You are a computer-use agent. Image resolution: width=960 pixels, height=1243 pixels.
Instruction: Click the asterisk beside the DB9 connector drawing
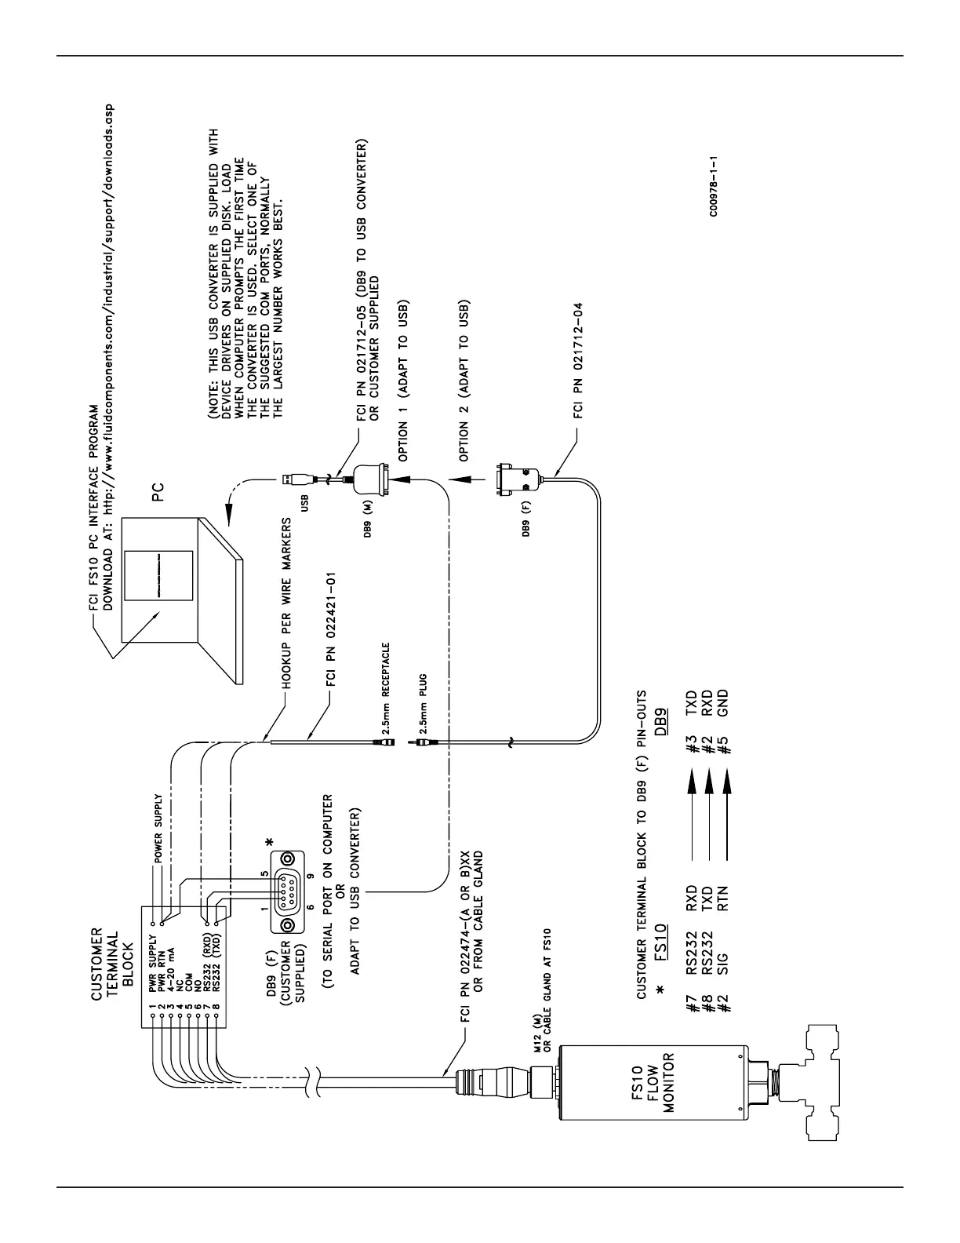click(270, 841)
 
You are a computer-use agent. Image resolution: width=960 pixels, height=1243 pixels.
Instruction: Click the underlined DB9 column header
click(663, 718)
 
